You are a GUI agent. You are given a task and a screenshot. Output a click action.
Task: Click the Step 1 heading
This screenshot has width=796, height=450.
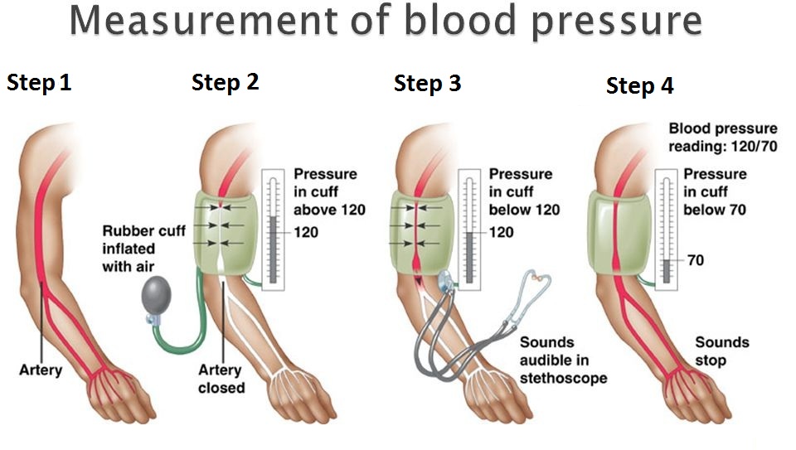coord(39,83)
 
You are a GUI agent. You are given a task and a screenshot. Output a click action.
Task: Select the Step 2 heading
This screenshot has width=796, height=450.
coord(225,83)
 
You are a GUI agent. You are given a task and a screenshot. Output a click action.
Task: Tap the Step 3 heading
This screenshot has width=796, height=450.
coord(427,84)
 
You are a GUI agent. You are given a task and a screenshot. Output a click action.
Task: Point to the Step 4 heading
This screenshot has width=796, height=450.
coord(639,86)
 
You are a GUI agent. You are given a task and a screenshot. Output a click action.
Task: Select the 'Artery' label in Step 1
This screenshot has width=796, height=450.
coord(41,370)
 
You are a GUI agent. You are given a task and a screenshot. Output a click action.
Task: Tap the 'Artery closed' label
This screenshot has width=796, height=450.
coord(221,379)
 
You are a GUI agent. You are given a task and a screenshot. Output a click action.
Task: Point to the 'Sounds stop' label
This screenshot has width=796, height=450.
coord(721,351)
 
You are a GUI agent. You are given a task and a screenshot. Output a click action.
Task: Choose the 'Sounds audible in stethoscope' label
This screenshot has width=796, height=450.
coord(563,360)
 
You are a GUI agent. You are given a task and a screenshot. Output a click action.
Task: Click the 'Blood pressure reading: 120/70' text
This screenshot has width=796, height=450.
coord(723,138)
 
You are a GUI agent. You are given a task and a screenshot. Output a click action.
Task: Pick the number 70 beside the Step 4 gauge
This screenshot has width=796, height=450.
coord(695,260)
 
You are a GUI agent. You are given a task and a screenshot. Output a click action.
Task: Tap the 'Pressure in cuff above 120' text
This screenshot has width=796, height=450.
coord(329,191)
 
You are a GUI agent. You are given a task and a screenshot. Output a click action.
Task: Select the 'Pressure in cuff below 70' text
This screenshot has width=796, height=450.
coord(714,191)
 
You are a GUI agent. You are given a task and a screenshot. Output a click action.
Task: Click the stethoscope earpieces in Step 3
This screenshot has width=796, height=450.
coord(540,282)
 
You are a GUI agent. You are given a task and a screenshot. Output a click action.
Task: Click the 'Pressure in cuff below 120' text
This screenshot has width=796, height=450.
coord(523,191)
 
